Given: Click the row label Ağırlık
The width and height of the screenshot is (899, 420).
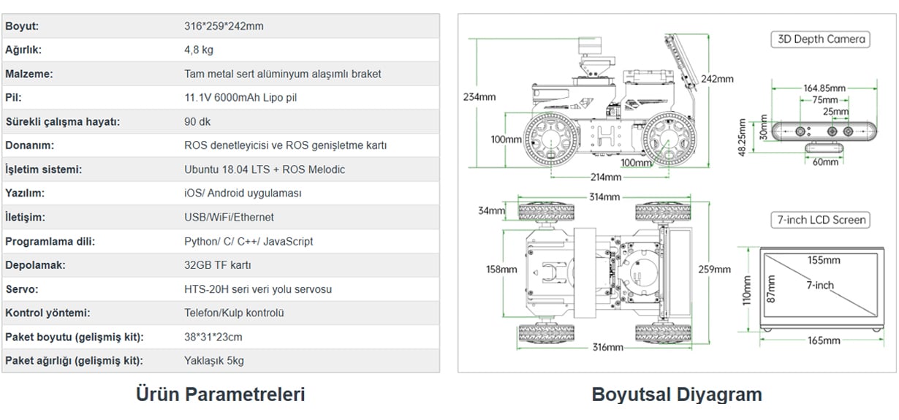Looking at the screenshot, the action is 23,50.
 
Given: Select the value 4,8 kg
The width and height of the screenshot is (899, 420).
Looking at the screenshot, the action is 199,50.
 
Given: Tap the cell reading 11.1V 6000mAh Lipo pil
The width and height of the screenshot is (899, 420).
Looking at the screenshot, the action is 240,98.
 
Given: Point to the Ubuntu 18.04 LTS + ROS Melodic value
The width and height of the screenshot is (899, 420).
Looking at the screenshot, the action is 265,169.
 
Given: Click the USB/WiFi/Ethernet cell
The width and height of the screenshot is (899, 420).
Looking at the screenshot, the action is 229,218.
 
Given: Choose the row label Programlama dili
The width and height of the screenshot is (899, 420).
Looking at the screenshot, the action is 50,242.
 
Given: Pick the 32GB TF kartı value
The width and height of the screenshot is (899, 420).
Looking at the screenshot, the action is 218,265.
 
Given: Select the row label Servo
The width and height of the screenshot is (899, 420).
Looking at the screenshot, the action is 22,289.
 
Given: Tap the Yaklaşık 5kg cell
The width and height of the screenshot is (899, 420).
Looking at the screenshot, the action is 214,361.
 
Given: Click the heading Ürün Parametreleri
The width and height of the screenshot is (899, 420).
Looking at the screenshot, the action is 220,394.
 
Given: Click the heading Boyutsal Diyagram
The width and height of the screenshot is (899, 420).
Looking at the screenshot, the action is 677,394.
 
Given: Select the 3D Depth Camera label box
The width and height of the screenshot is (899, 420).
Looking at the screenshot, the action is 821,39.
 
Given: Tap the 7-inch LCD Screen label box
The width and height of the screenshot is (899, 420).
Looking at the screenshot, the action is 821,220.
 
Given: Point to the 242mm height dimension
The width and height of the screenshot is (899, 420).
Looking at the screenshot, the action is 717,79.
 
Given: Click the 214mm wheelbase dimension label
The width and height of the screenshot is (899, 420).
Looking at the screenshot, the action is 606,177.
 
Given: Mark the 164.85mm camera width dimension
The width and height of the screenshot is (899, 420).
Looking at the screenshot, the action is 824,88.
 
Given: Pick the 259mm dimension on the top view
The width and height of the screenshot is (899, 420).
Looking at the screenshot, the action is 714,270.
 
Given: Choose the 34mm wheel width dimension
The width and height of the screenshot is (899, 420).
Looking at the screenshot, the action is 491,210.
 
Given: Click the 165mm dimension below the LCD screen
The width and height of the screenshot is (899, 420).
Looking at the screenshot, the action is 824,340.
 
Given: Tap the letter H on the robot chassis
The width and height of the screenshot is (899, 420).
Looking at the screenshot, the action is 606,136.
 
